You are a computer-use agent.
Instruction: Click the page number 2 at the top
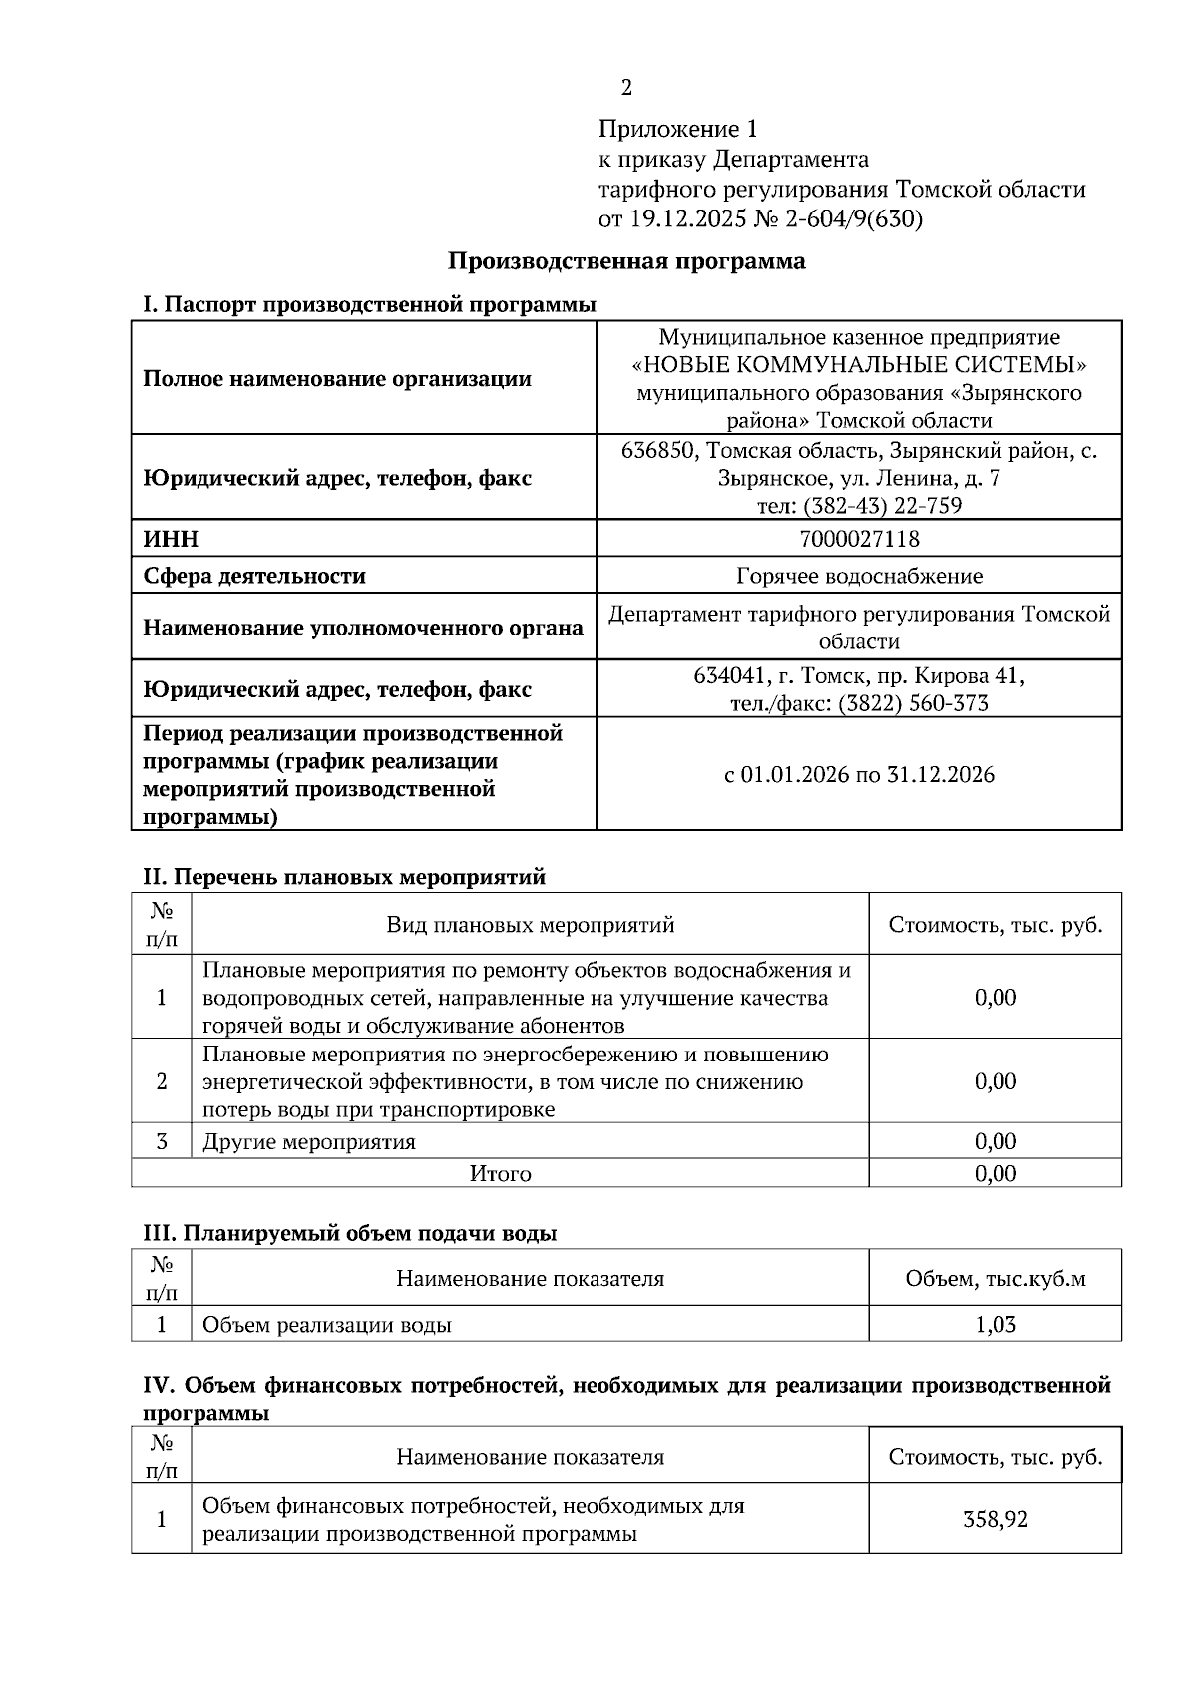pos(626,88)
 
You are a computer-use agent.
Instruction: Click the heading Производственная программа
pos(626,262)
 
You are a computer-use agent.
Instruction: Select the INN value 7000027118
pos(859,540)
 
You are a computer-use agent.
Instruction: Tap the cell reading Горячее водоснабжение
pos(859,576)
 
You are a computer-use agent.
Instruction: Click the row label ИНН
pos(171,540)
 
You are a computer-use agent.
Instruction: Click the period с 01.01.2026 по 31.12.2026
pos(859,775)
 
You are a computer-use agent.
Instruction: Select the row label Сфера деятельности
pos(254,576)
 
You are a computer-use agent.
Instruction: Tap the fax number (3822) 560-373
pos(913,704)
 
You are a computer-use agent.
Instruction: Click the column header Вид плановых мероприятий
pos(531,925)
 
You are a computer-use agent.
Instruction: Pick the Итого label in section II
pos(500,1174)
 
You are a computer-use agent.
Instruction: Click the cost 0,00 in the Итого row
pos(995,1174)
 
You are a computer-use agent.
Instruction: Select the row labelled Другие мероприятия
pos(309,1142)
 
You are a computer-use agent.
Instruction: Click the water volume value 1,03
pos(995,1325)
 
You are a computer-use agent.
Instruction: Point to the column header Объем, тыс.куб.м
pos(995,1279)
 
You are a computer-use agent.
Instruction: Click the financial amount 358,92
pos(995,1520)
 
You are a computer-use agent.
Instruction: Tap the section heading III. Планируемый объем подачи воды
pos(349,1233)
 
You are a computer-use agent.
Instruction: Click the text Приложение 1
pos(678,130)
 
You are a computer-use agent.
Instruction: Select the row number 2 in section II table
pos(161,1082)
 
